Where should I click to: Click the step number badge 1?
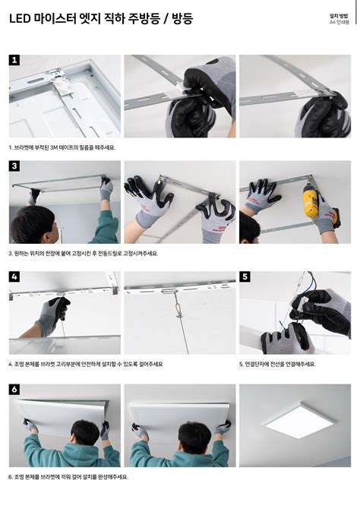14,60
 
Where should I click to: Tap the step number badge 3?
14,166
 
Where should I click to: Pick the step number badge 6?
14,389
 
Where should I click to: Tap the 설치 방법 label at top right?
339,15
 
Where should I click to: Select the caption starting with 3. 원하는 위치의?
84,253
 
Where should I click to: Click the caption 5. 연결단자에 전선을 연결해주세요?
277,364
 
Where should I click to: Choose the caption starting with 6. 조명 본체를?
68,476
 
